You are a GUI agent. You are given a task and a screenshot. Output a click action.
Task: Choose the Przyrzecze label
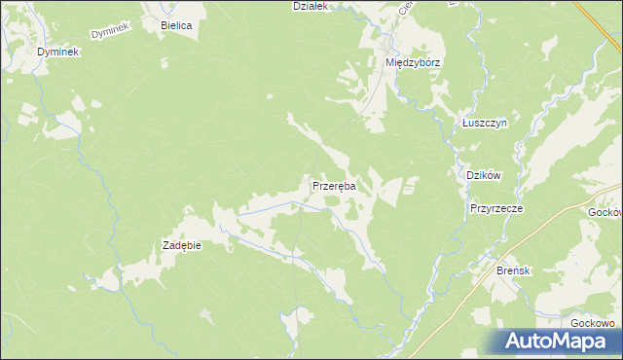496,208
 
